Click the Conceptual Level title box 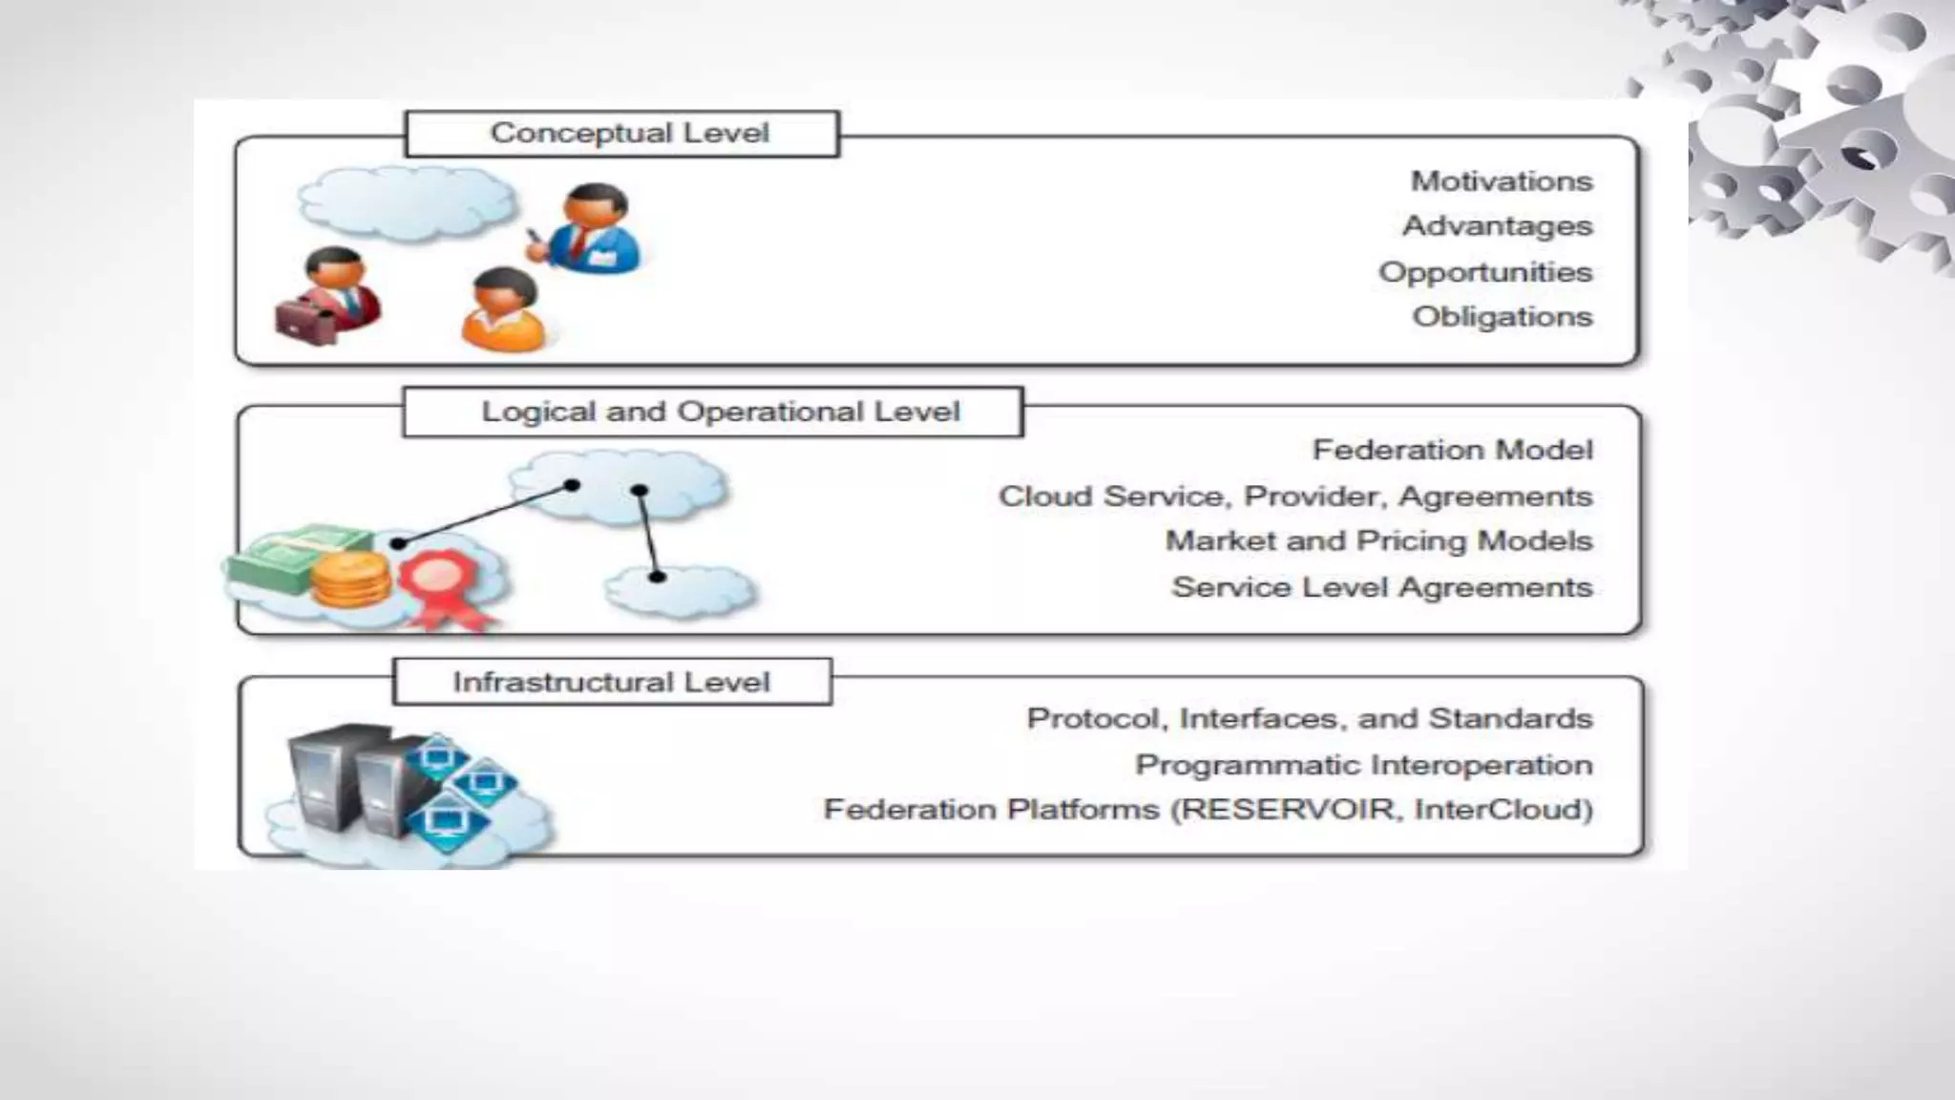pos(622,134)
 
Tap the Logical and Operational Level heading pos(713,412)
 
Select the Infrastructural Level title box pos(612,682)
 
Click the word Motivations pos(1502,181)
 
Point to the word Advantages pos(1497,226)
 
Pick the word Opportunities pos(1485,272)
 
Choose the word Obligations pos(1503,317)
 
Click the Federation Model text pos(1452,450)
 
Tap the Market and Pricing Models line pos(1378,541)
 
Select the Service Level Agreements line pos(1381,587)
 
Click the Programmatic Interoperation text pos(1363,765)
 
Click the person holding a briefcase pos(329,296)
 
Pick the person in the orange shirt pos(502,310)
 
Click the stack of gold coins pos(351,581)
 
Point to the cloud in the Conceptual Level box pos(406,202)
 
